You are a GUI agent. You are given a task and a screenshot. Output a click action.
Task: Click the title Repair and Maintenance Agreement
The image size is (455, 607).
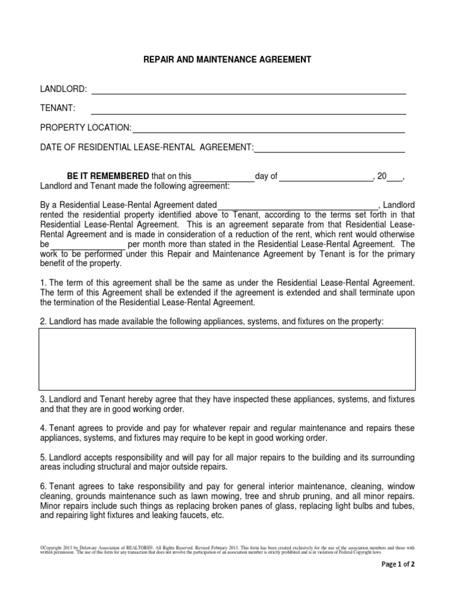(227, 60)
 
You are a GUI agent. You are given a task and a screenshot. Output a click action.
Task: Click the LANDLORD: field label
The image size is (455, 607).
(63, 89)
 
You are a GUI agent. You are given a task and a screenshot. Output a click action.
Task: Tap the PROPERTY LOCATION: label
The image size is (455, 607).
(85, 128)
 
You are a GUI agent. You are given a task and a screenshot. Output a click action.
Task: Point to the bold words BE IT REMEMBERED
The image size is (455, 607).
(108, 176)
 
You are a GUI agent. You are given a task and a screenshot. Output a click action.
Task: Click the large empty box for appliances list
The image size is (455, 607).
(227, 359)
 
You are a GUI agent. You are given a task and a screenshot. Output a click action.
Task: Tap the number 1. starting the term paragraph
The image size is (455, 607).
(43, 282)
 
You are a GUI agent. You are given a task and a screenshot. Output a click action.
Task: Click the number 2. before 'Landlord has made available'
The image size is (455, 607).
(43, 321)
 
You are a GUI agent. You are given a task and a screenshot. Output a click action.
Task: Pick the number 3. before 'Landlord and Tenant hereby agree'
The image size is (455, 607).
(43, 399)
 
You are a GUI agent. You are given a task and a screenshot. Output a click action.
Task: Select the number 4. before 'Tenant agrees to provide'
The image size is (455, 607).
(43, 428)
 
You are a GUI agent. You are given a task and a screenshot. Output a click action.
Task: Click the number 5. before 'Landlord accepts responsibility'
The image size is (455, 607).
(43, 457)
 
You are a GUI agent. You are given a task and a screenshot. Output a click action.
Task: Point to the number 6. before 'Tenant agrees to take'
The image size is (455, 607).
(43, 486)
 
